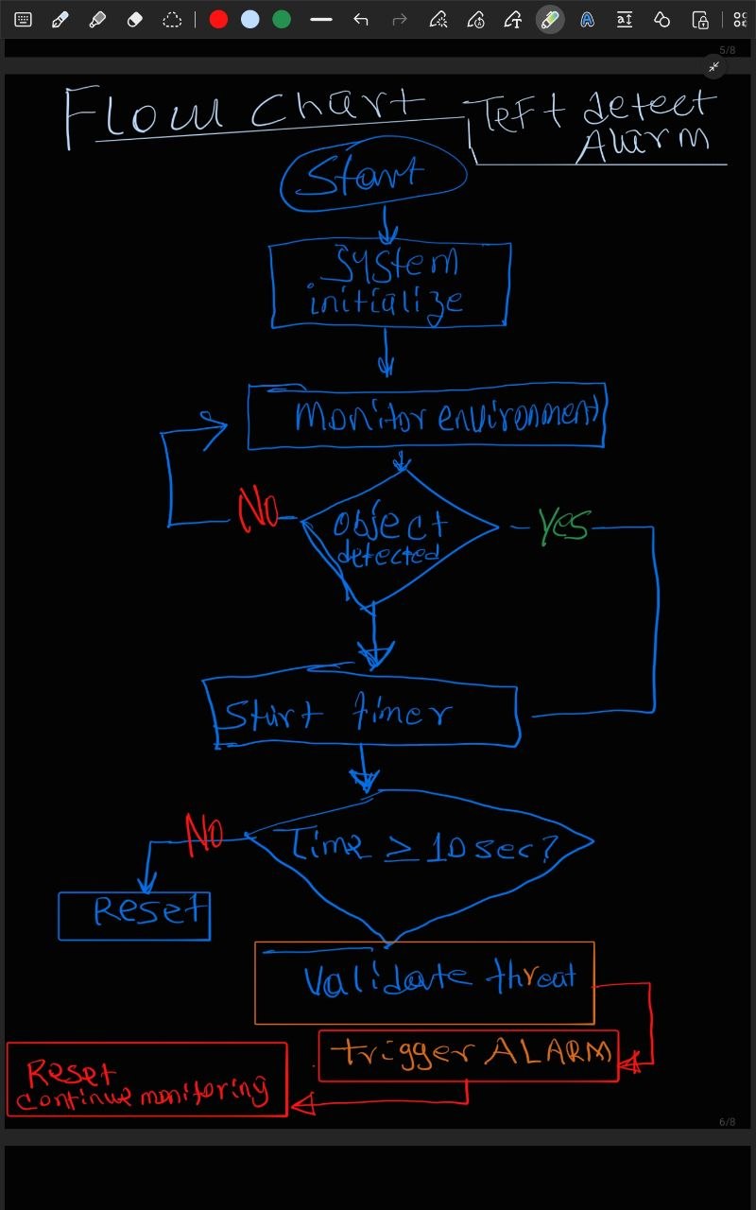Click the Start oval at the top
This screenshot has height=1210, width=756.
(373, 179)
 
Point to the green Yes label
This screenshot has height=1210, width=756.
(563, 525)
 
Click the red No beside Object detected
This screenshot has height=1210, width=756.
(258, 511)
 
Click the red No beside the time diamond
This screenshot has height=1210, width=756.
(204, 833)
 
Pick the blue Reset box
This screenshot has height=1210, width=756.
(134, 915)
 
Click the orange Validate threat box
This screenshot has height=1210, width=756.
(424, 982)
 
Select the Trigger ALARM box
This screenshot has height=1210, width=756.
(469, 1055)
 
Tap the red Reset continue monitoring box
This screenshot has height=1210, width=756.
(146, 1080)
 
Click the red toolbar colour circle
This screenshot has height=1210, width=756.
(218, 20)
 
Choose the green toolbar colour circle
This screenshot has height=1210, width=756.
(281, 20)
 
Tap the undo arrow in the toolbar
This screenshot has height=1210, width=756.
(360, 20)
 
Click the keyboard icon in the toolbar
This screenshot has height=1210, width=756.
(24, 20)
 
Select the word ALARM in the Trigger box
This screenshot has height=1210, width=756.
(548, 1051)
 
